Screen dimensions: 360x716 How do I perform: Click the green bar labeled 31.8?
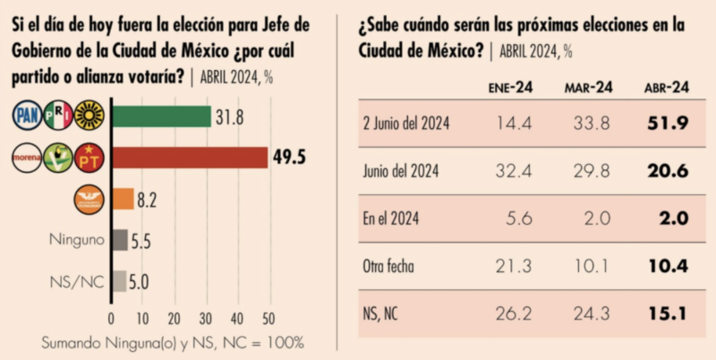pyautogui.click(x=160, y=116)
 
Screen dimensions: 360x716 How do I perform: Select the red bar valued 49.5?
pyautogui.click(x=189, y=158)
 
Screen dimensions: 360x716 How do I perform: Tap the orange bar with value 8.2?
pyautogui.click(x=122, y=199)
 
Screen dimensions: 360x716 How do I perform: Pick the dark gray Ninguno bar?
pyautogui.click(x=118, y=239)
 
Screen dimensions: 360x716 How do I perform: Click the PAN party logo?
pyautogui.click(x=27, y=116)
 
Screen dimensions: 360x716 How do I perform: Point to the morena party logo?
pyautogui.click(x=28, y=158)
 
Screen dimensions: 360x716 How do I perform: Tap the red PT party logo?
pyautogui.click(x=89, y=158)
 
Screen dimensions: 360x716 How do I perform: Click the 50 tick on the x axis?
pyautogui.click(x=268, y=318)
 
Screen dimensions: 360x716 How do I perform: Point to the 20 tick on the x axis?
pyautogui.click(x=174, y=318)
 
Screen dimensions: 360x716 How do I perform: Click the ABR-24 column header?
pyautogui.click(x=666, y=87)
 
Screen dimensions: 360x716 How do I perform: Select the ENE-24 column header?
pyautogui.click(x=510, y=87)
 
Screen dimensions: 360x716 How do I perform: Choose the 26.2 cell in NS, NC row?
pyautogui.click(x=510, y=313)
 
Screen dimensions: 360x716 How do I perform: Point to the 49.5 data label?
pyautogui.click(x=290, y=158)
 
